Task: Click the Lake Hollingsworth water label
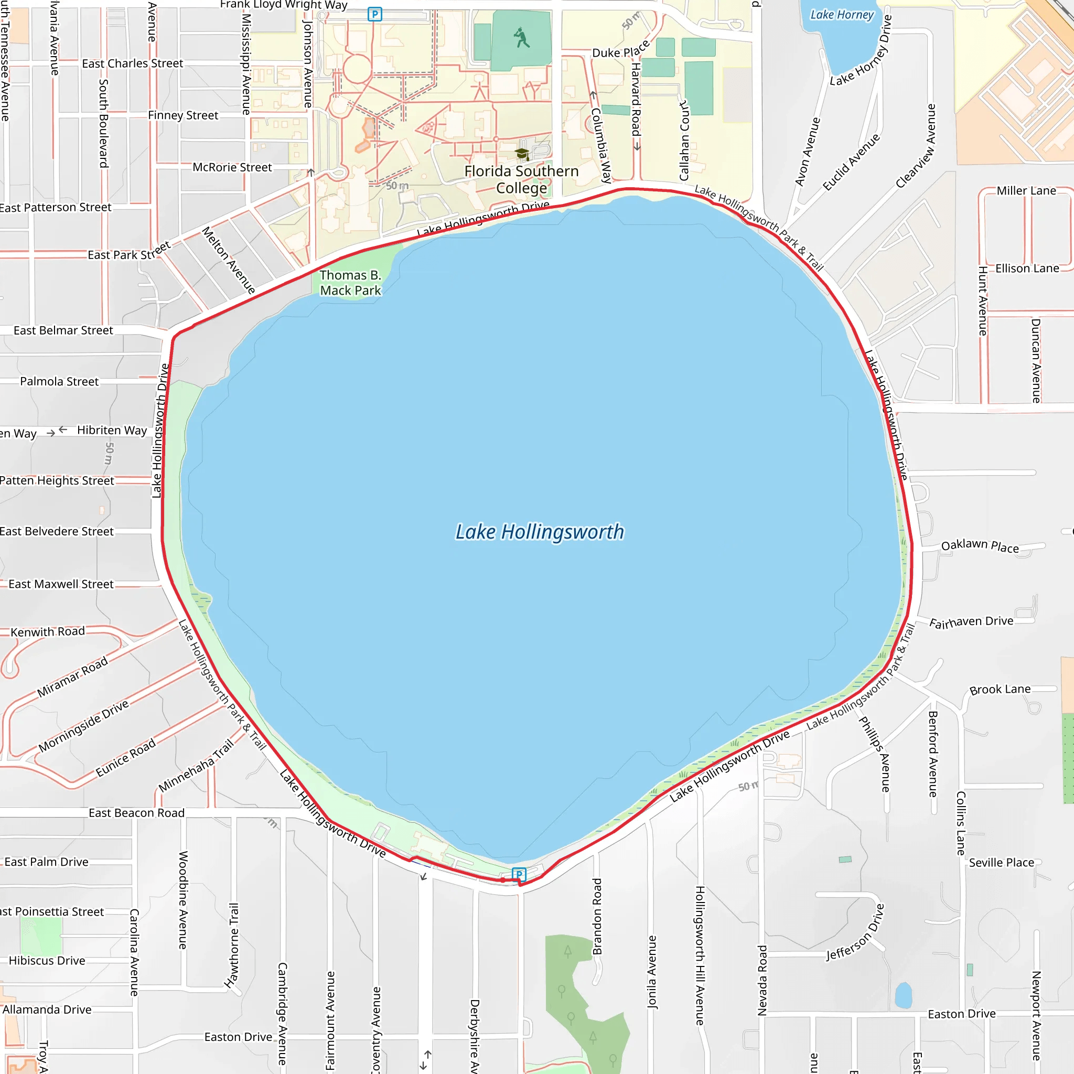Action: [539, 532]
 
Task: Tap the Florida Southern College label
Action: [521, 179]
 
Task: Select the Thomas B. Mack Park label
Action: [351, 283]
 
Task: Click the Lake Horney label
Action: [842, 15]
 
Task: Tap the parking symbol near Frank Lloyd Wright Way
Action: [374, 14]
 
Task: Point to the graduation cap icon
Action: [521, 154]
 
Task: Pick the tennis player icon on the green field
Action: [521, 38]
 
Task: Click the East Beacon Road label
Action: [136, 813]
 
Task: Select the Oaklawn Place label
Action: [980, 546]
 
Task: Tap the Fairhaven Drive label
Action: [971, 622]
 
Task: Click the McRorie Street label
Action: [232, 167]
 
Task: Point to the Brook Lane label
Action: [1000, 689]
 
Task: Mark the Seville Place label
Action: [1001, 862]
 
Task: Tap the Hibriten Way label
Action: [112, 430]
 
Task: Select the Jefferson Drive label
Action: [855, 932]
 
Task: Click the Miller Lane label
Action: [1026, 191]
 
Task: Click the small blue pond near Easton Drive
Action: [904, 995]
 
